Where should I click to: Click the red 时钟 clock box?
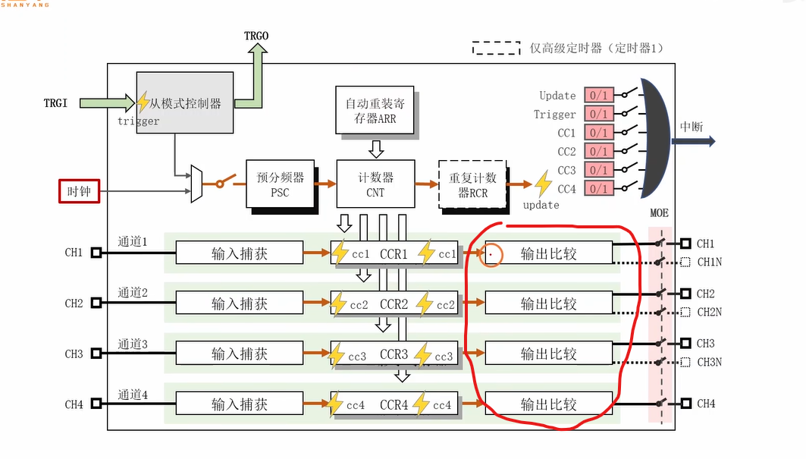(x=80, y=191)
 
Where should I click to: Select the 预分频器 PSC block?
(x=280, y=184)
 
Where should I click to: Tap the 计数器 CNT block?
(x=375, y=184)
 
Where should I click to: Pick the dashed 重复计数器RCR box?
(x=472, y=184)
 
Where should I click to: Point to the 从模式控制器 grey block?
(x=185, y=103)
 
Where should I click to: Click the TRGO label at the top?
(x=256, y=36)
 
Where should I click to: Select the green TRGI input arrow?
(x=105, y=102)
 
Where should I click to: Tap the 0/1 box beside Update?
(x=598, y=96)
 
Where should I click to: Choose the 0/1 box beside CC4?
(x=598, y=188)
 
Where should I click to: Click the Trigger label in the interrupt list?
(x=555, y=115)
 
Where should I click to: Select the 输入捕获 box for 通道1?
(x=240, y=253)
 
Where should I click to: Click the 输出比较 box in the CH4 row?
(x=548, y=404)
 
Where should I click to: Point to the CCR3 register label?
(x=394, y=354)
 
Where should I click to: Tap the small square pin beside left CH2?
(x=96, y=303)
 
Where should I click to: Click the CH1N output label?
(x=710, y=263)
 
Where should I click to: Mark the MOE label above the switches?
(x=660, y=213)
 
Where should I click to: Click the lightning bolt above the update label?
(x=543, y=184)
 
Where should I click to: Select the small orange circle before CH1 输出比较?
(x=491, y=254)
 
